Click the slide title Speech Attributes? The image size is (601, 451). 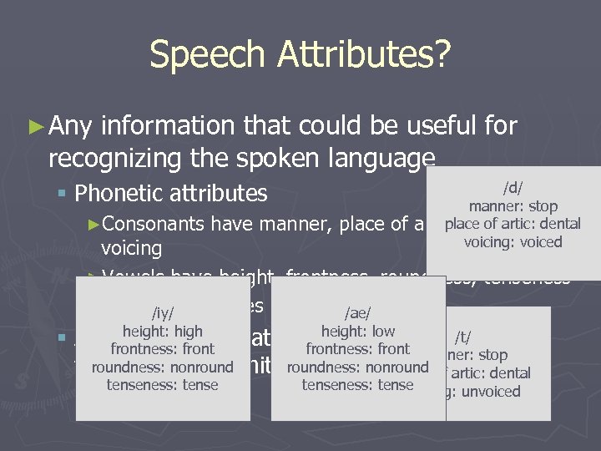(x=300, y=55)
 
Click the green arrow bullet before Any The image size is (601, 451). (x=35, y=127)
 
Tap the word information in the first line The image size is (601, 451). (x=169, y=126)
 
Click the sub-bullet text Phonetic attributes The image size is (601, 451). (x=170, y=194)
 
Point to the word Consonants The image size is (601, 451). (x=159, y=224)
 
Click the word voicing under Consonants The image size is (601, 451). (x=132, y=249)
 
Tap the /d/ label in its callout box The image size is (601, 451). (x=513, y=189)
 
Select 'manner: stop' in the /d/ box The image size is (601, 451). (x=513, y=206)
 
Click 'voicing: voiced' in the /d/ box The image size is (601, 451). (x=513, y=242)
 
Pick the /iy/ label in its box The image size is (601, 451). (x=163, y=313)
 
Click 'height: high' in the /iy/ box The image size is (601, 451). (x=163, y=332)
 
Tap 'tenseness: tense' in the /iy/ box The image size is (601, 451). (x=163, y=385)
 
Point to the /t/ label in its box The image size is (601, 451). (x=462, y=337)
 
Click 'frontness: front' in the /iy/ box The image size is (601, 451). (x=163, y=349)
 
